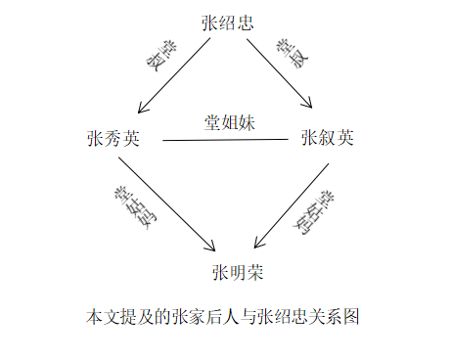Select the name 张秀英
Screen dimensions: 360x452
pos(113,138)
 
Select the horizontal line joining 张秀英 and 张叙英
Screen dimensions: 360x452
pos(225,140)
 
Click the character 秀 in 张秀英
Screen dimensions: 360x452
pos(113,138)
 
